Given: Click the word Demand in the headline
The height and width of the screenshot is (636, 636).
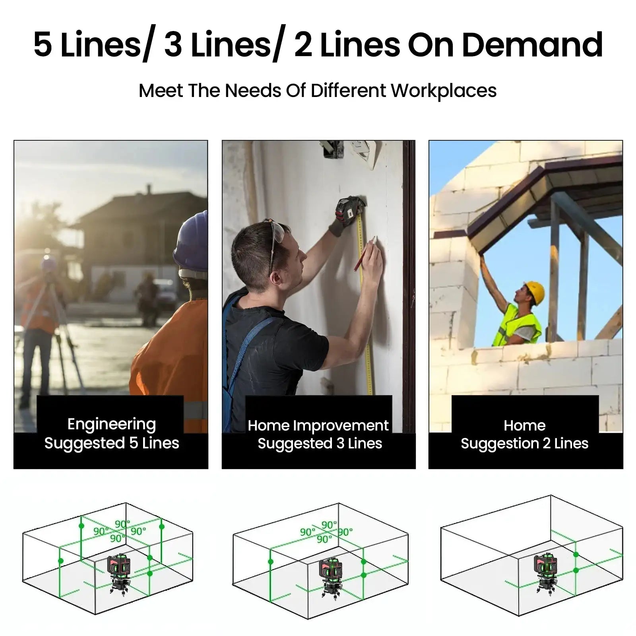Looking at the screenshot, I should [532, 45].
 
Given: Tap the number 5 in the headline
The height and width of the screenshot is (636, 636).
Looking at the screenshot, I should [43, 45].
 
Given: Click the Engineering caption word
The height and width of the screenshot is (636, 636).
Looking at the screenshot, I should [112, 425].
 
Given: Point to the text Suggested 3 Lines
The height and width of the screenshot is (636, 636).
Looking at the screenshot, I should [320, 444].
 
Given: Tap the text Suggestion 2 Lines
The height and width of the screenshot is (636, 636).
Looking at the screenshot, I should [524, 444].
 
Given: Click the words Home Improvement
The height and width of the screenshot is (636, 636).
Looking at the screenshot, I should [318, 426].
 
